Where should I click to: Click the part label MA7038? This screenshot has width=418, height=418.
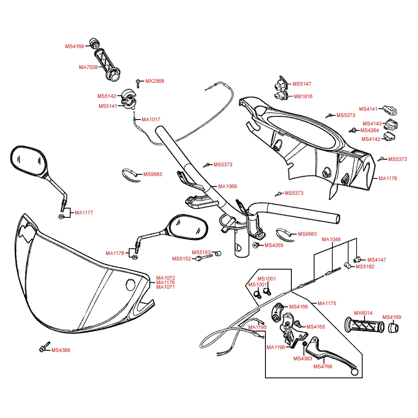tap(88, 67)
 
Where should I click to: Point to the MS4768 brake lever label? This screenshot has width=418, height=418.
tap(323, 367)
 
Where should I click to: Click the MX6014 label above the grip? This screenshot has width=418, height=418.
tap(363, 313)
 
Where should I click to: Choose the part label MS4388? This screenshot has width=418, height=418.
tap(61, 350)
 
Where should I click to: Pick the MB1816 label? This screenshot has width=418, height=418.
tap(303, 96)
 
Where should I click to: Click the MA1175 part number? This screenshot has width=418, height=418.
tap(327, 303)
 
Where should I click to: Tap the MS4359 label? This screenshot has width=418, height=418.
tap(274, 245)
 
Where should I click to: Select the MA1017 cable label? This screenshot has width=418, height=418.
tap(151, 120)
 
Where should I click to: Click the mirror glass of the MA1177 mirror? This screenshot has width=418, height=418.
tap(28, 161)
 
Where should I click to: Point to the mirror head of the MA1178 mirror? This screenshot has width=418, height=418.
tap(188, 228)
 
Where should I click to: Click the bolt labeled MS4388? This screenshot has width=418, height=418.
tap(43, 349)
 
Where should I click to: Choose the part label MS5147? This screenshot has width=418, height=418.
tap(302, 84)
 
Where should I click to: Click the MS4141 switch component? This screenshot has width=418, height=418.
tap(390, 110)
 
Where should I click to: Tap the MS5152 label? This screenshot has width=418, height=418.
tap(181, 259)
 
